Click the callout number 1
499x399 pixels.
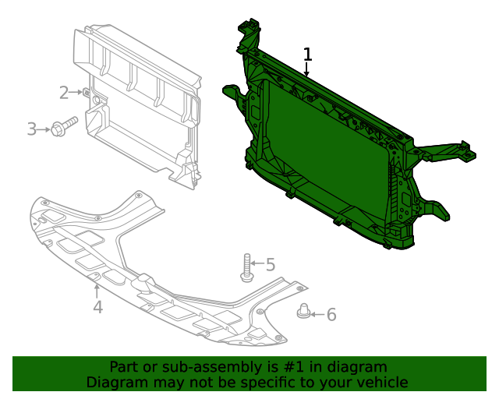click(307, 55)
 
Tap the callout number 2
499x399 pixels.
click(65, 93)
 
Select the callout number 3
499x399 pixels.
click(32, 129)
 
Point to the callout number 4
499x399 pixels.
click(97, 307)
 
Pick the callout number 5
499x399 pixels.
click(271, 265)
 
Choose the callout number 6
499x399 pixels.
click(331, 314)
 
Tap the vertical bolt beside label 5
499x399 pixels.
click(246, 267)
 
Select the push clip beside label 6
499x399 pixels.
click(304, 311)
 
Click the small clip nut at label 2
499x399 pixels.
click(87, 93)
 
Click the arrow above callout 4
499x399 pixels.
click(97, 291)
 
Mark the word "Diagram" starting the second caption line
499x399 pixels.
click(116, 382)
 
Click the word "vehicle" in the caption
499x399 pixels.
click(380, 382)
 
